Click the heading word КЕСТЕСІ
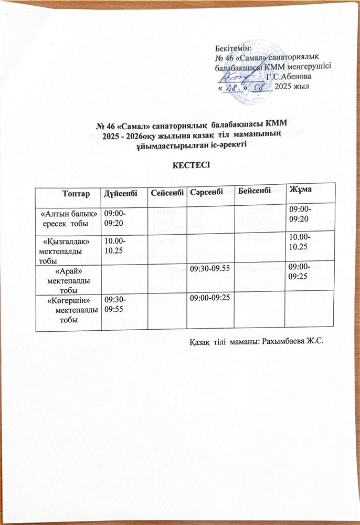[180, 164]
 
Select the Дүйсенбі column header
[121, 194]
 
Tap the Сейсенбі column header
[167, 194]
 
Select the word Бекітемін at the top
[234, 47]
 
